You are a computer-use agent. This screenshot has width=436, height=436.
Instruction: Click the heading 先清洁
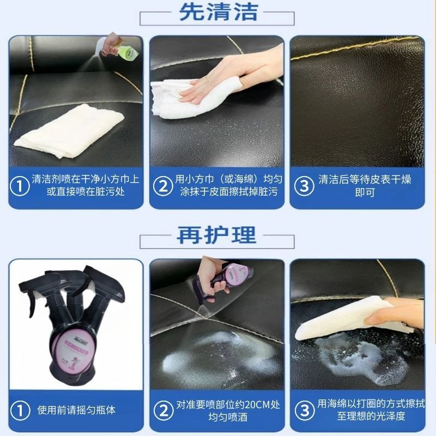(217, 12)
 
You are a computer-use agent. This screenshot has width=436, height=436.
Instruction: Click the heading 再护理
(217, 235)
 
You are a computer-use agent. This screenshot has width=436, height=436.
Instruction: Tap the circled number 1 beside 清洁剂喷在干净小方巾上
(20, 186)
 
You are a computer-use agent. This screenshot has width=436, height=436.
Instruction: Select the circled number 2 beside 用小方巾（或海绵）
(162, 186)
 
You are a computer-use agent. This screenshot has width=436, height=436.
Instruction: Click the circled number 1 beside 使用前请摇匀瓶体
(20, 409)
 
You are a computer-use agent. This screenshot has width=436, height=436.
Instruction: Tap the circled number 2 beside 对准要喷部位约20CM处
(162, 409)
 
